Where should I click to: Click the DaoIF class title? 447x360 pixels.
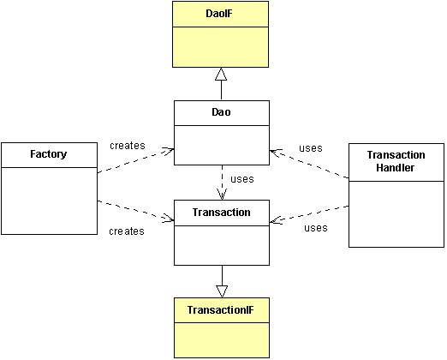pos(219,14)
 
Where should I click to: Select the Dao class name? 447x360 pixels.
pos(221,112)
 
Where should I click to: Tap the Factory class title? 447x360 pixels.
pos(49,154)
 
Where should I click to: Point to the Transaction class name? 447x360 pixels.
pos(222,213)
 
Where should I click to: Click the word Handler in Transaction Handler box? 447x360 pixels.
pos(395,168)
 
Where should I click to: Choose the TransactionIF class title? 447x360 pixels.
pos(220,310)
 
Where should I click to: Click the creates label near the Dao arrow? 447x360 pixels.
pos(128,146)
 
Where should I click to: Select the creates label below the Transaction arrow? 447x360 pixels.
pos(127,231)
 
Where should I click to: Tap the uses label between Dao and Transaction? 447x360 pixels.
pos(242,179)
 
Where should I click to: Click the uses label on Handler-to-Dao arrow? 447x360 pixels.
pos(311,148)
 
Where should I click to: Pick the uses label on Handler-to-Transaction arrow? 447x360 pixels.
pos(316,228)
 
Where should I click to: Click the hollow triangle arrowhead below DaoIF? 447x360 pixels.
pos(221,74)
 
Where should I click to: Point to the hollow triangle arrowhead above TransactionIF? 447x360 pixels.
pos(222,291)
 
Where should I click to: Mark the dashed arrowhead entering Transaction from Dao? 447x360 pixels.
pos(222,195)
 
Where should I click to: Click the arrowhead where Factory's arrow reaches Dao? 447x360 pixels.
pos(169,151)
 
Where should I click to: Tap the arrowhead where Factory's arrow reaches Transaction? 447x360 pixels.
pos(169,219)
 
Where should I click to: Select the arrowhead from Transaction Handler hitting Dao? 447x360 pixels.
pos(275,153)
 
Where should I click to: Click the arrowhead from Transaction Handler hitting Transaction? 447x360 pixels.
pos(276,220)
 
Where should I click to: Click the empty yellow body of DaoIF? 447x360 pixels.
pos(220,47)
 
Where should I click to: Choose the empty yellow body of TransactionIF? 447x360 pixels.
pos(222,340)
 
